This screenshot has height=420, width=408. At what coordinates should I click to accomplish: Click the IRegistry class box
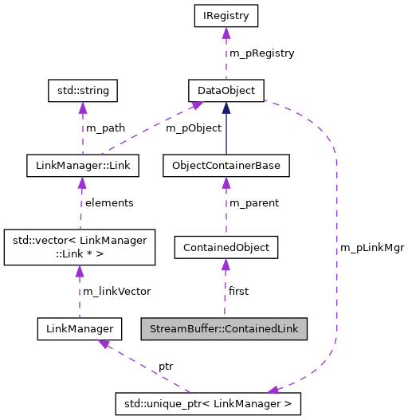226,14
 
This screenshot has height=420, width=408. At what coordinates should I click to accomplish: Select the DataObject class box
226,90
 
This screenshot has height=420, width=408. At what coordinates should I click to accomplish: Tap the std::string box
83,90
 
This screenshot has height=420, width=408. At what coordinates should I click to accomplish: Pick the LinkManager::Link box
83,166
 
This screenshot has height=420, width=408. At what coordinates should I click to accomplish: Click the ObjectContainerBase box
226,166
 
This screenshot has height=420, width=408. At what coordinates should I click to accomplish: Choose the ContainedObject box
226,247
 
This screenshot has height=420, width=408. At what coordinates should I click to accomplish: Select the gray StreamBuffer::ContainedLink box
224,328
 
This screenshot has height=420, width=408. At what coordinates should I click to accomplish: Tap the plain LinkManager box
79,328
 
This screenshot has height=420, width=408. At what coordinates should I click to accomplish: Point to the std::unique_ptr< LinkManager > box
208,403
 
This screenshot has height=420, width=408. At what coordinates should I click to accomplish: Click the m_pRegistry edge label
262,53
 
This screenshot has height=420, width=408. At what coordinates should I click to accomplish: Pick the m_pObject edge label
193,128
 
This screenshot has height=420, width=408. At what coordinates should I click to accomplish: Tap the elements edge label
109,203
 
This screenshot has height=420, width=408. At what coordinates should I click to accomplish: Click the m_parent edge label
254,203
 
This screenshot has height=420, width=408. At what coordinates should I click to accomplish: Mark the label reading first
238,291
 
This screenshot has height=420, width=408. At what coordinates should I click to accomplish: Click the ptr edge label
165,366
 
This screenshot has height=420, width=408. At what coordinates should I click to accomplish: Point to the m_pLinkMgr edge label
372,248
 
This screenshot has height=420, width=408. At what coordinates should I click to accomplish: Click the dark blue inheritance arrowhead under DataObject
226,108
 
